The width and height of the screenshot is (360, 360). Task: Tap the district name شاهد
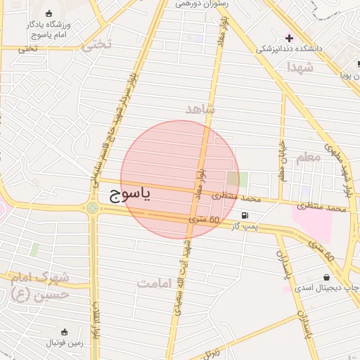pos(200,110)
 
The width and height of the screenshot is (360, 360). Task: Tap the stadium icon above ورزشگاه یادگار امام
pos(48,13)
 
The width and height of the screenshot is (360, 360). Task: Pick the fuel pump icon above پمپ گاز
pos(244,215)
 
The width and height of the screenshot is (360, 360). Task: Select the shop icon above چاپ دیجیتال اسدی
pos(327,277)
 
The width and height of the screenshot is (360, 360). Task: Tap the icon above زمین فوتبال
pos(65,332)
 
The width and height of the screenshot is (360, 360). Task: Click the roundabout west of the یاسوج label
pos(92,207)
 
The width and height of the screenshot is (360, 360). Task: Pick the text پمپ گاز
pos(244,226)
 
